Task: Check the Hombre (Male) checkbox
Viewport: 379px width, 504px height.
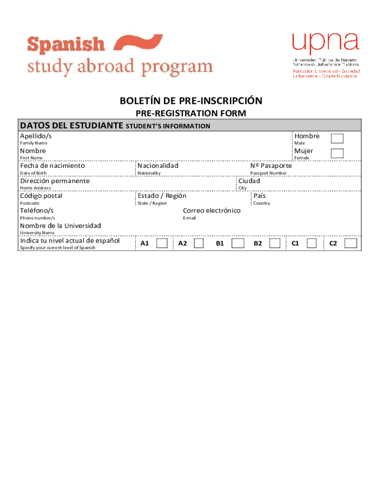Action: pos(337,138)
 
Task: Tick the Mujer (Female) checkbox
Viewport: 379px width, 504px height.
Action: pos(337,153)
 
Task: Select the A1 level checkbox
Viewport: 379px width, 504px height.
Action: pos(162,243)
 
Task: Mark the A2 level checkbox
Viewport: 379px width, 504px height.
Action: pos(199,243)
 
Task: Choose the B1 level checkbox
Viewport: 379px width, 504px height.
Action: pos(238,243)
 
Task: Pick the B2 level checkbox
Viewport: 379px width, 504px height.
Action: pos(275,243)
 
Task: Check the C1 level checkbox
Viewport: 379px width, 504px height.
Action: pos(311,243)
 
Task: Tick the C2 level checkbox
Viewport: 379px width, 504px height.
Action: pos(350,243)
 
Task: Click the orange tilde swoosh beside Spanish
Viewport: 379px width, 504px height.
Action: pos(138,43)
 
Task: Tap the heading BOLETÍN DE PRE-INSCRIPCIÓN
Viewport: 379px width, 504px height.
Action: pos(191,101)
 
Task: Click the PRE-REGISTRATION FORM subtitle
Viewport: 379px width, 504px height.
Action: pos(191,114)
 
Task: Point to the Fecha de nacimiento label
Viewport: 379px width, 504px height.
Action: pos(52,166)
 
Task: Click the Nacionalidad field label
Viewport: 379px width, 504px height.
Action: pos(158,166)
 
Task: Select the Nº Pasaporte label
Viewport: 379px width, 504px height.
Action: pos(271,166)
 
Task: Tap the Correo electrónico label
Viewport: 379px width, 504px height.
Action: pos(212,211)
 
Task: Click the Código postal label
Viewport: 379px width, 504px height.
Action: pos(41,196)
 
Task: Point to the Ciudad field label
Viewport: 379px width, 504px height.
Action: pos(249,181)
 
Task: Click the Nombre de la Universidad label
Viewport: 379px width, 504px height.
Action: pos(60,226)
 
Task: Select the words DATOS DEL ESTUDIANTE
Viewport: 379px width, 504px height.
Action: pos(71,126)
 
